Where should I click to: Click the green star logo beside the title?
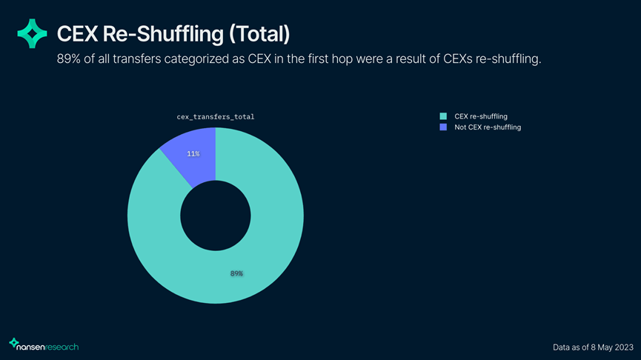(32, 33)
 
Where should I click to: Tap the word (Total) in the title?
(256, 33)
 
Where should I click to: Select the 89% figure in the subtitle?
(69, 59)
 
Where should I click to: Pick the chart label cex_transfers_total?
(215, 117)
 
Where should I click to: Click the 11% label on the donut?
(193, 153)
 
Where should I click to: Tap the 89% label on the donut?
(236, 273)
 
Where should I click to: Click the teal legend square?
(443, 116)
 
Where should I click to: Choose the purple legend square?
(443, 127)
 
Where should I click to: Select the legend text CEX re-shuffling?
(480, 116)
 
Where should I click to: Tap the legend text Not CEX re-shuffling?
(488, 127)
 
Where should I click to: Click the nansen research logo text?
(48, 346)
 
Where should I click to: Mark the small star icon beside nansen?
(13, 343)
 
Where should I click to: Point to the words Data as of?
(571, 347)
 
